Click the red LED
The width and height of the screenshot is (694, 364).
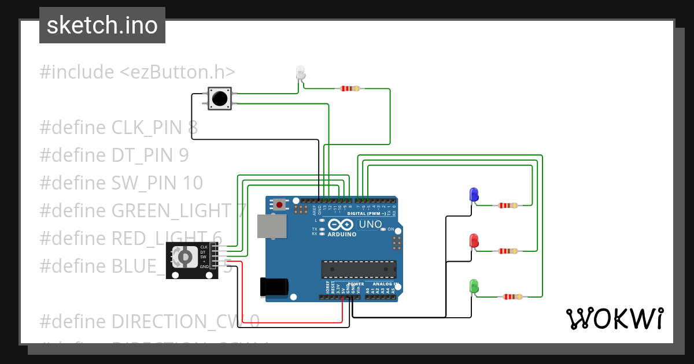click(474, 240)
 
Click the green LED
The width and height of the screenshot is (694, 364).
click(474, 285)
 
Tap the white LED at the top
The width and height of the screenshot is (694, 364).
click(300, 72)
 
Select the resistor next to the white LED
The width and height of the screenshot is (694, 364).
click(350, 88)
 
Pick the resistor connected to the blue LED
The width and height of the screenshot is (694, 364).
click(508, 205)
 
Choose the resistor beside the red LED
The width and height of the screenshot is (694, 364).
click(508, 251)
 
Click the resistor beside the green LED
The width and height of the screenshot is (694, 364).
click(512, 297)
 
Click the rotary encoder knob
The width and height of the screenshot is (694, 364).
click(184, 256)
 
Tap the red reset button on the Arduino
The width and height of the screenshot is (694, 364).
click(280, 204)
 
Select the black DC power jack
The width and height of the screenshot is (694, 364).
click(274, 287)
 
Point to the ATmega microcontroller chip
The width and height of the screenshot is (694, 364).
click(359, 270)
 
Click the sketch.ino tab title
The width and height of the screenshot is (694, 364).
click(102, 25)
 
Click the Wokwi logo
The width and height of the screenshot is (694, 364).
click(614, 318)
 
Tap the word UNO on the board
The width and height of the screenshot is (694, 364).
click(370, 224)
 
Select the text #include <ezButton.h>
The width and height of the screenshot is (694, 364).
click(138, 72)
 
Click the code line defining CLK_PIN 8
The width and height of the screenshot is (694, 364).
click(119, 128)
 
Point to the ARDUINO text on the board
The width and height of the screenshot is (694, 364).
click(342, 234)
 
